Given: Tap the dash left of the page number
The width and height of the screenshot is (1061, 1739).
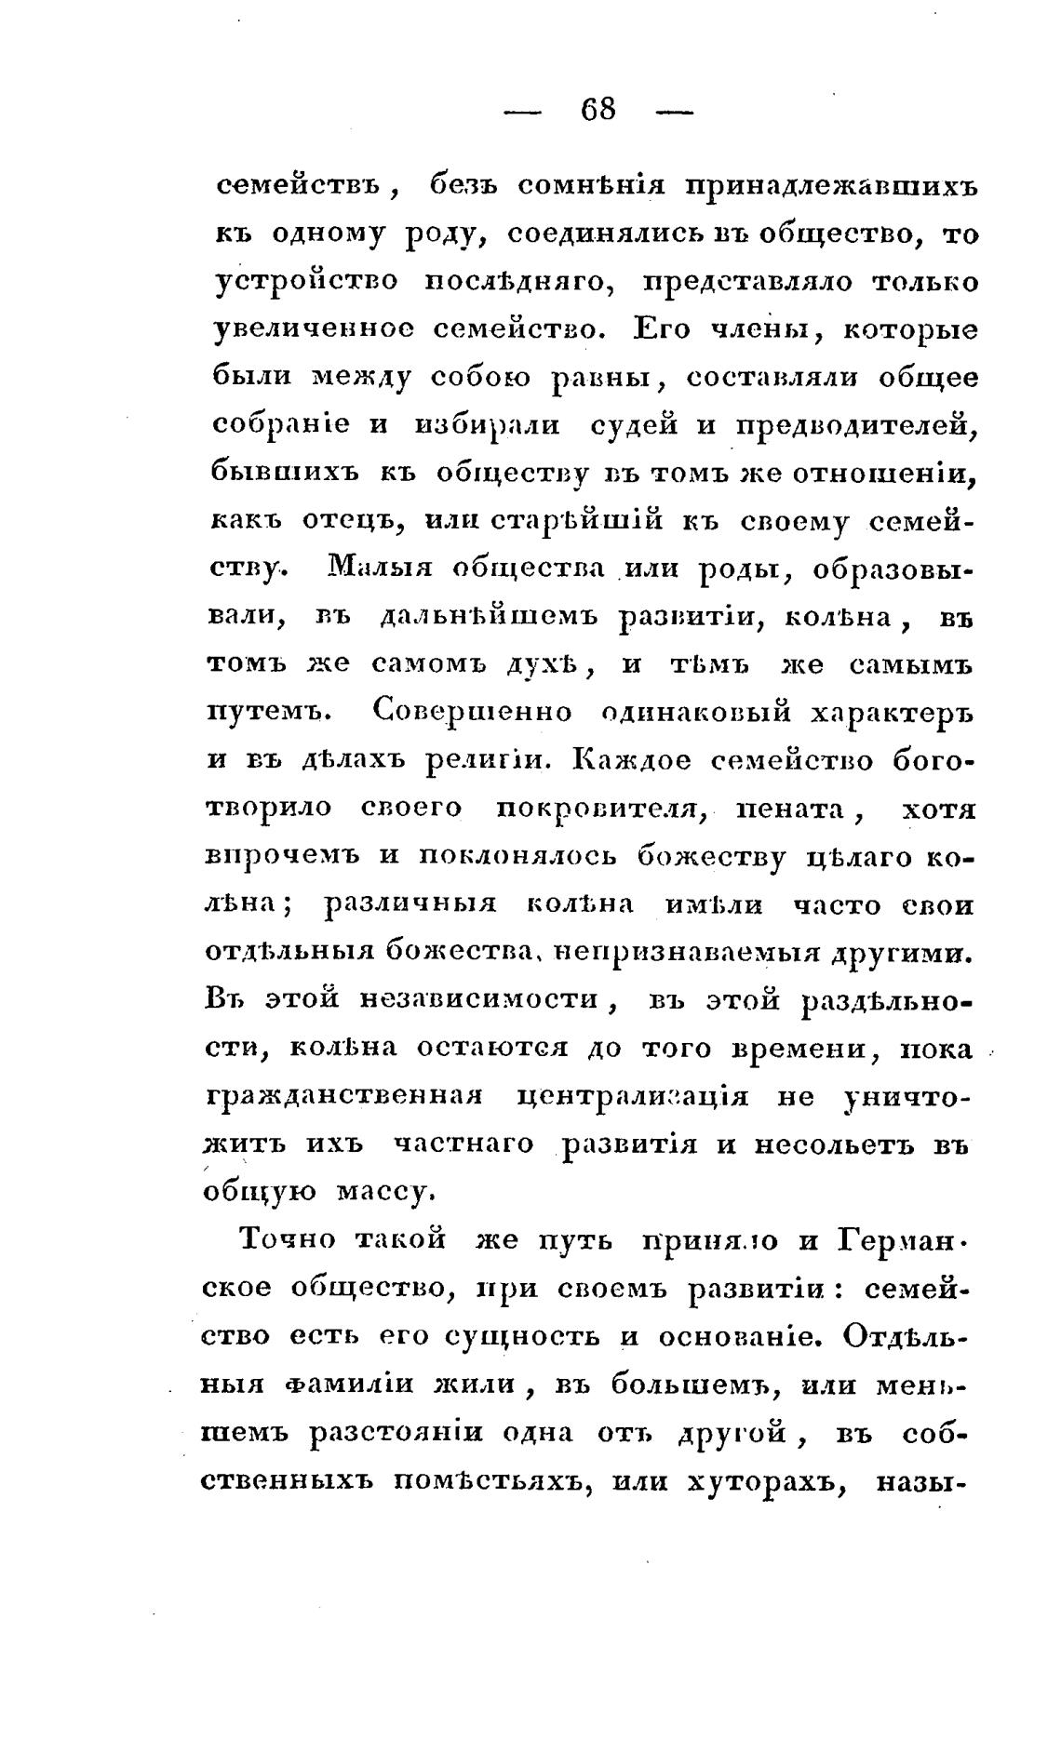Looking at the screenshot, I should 522,112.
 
